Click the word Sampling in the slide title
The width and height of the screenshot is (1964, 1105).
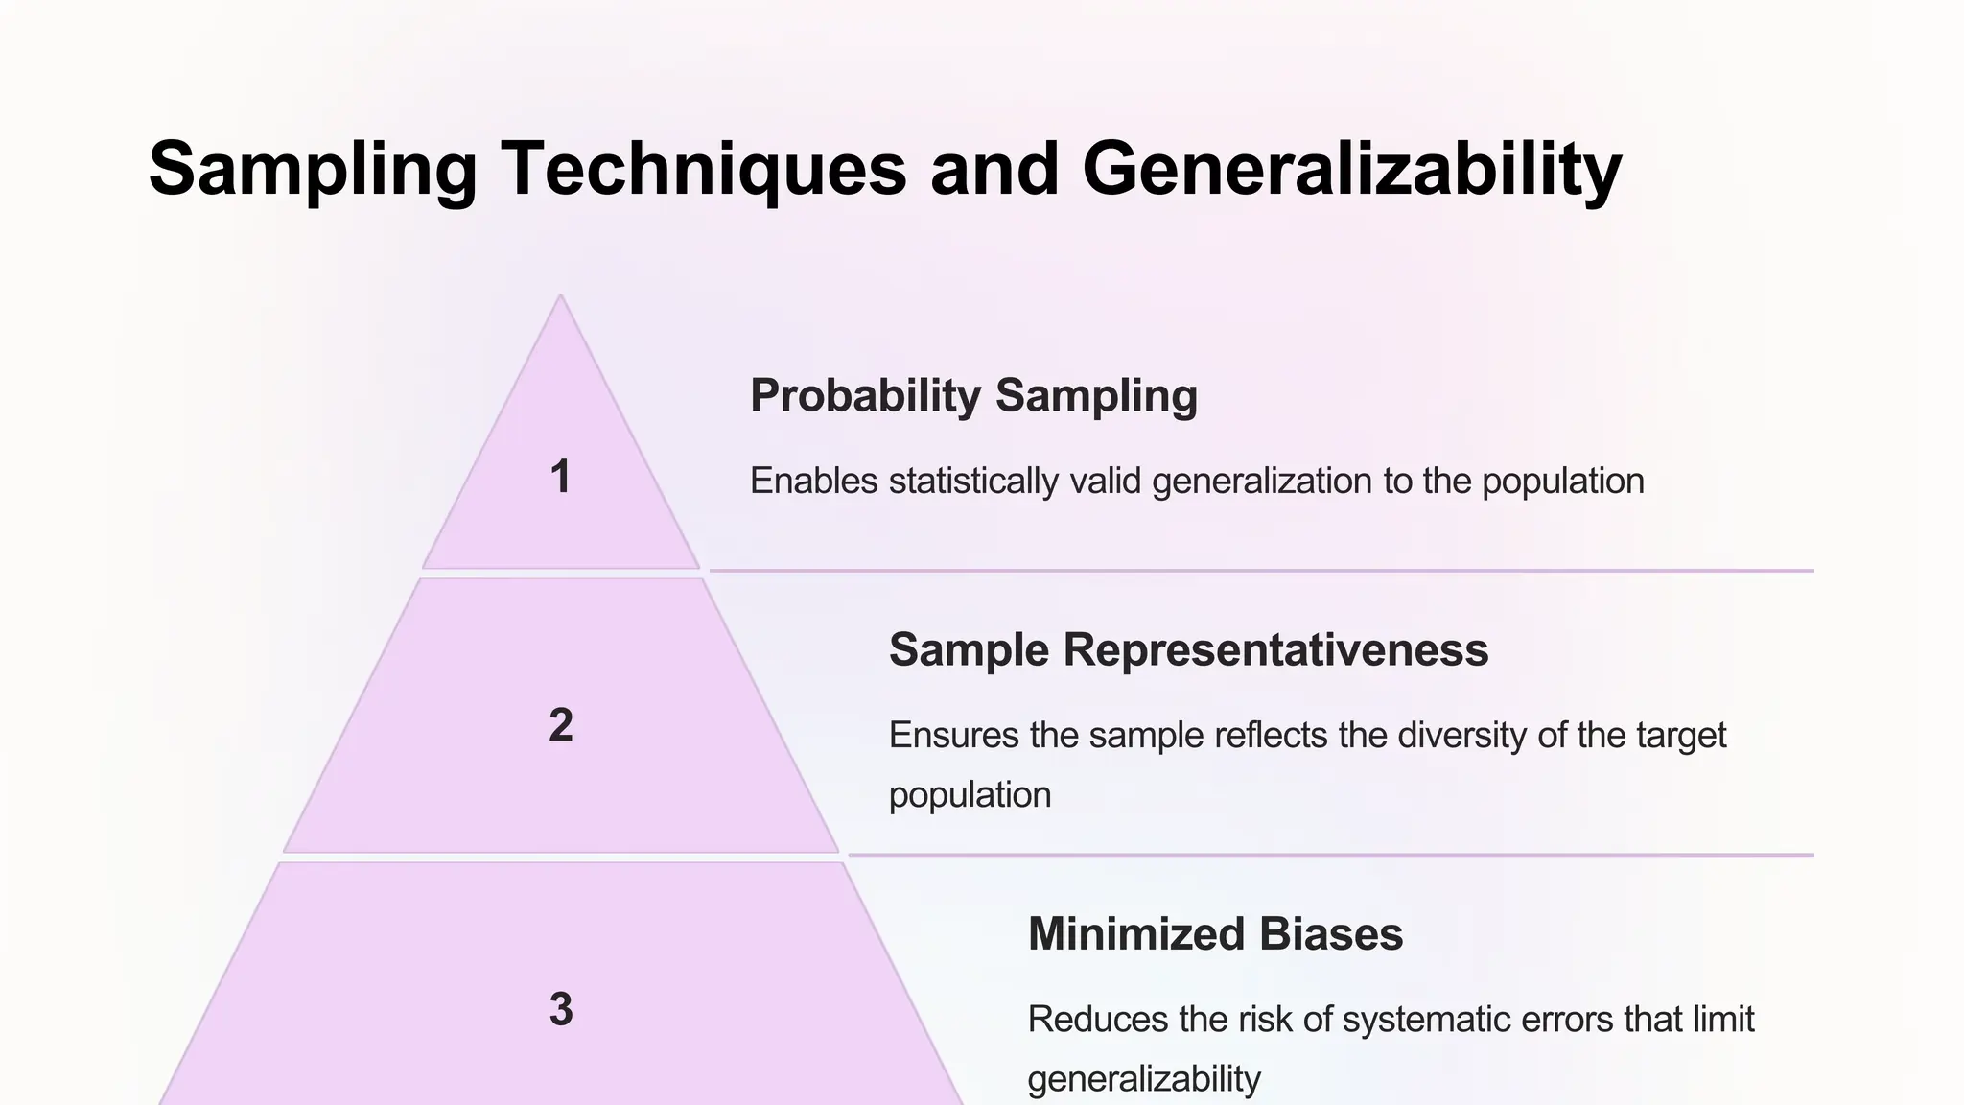(x=313, y=170)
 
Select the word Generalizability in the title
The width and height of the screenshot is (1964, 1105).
(x=1351, y=170)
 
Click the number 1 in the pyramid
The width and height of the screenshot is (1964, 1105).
(x=561, y=477)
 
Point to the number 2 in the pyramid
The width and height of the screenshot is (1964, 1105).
(x=561, y=725)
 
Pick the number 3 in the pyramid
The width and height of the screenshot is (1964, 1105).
(x=561, y=1009)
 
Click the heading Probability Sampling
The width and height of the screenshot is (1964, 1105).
(x=973, y=395)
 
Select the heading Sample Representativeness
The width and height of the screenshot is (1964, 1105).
(x=1188, y=649)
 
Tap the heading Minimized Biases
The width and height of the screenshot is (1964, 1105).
(x=1215, y=933)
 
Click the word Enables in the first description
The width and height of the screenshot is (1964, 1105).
(x=813, y=481)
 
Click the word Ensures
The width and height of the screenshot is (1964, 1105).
(x=953, y=735)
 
